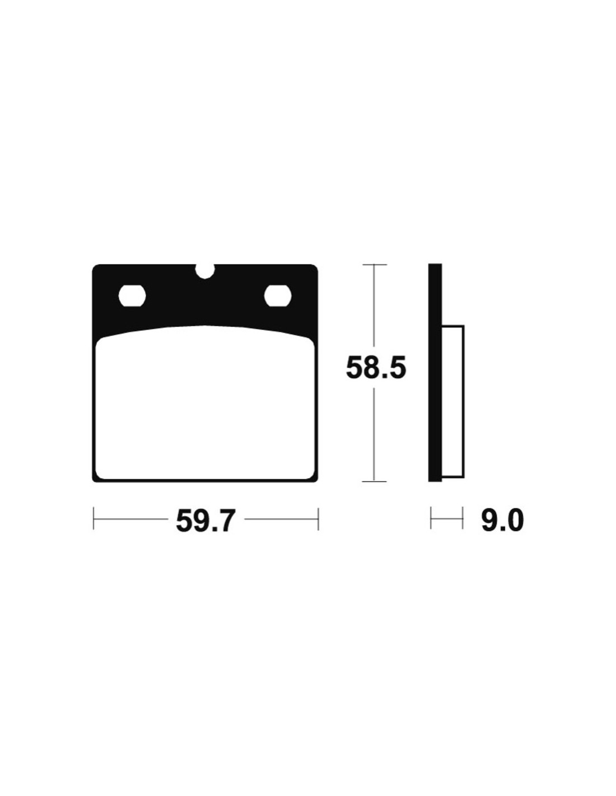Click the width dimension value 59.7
204,519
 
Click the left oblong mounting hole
132,295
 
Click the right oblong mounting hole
278,295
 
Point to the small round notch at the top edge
204,270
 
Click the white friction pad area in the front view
205,402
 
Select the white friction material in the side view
453,401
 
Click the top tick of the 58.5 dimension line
374,264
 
